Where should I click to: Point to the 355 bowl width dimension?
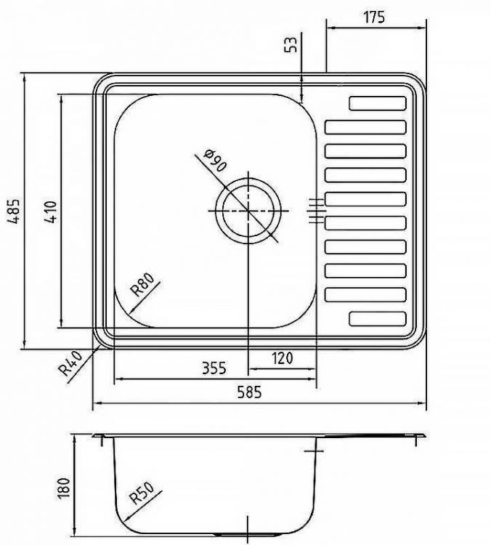coord(215,368)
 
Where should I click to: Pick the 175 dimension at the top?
coord(374,16)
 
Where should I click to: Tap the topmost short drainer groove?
coord(378,104)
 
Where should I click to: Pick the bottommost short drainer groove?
coord(378,318)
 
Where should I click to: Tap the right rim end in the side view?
coord(422,435)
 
